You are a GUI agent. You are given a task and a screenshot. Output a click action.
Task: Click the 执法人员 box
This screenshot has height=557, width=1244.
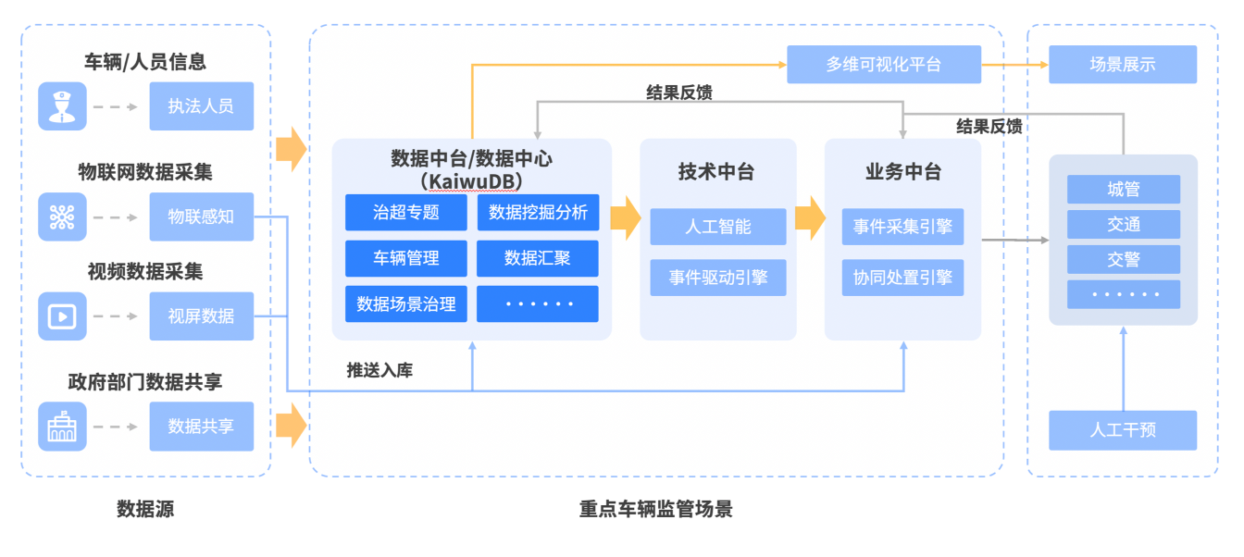pyautogui.click(x=201, y=106)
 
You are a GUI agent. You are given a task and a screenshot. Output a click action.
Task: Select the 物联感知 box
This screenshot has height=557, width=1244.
pyautogui.click(x=201, y=217)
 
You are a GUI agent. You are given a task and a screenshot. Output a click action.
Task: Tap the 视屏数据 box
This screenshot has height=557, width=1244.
pyautogui.click(x=201, y=316)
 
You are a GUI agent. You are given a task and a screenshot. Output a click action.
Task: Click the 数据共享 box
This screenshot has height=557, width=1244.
pyautogui.click(x=201, y=427)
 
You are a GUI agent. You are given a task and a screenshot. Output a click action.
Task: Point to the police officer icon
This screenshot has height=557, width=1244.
pyautogui.click(x=62, y=106)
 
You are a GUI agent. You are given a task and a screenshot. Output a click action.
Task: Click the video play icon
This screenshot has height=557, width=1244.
pyautogui.click(x=62, y=316)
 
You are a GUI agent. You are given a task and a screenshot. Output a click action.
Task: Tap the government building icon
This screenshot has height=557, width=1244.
pyautogui.click(x=62, y=427)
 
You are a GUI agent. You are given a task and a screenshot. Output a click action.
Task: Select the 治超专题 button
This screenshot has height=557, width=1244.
pyautogui.click(x=405, y=213)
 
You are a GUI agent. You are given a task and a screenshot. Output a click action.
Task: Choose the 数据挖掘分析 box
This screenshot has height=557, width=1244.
pyautogui.click(x=538, y=213)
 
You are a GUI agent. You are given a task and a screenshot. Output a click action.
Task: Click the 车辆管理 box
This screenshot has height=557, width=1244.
pyautogui.click(x=405, y=258)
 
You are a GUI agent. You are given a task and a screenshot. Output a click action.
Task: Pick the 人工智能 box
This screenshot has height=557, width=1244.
pyautogui.click(x=717, y=227)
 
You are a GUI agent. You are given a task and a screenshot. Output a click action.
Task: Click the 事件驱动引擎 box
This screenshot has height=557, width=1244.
pyautogui.click(x=717, y=278)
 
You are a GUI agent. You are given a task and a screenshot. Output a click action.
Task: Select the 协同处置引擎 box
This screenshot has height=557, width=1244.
pyautogui.click(x=902, y=278)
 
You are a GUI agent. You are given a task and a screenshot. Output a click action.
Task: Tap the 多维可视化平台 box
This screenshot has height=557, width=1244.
pyautogui.click(x=883, y=65)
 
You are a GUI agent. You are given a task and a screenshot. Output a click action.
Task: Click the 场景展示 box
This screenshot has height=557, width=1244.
pyautogui.click(x=1122, y=65)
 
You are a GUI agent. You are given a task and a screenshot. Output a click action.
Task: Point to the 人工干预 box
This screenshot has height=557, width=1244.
pyautogui.click(x=1122, y=430)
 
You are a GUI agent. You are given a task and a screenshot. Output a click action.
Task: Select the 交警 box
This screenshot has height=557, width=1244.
pyautogui.click(x=1123, y=259)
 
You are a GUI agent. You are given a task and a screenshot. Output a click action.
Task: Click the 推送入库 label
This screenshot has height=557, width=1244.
pyautogui.click(x=379, y=370)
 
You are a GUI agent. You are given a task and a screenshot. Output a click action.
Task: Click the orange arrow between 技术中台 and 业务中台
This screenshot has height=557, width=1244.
pyautogui.click(x=811, y=217)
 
